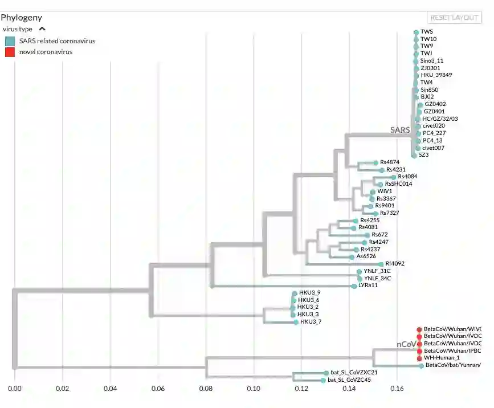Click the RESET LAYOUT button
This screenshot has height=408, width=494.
point(454,18)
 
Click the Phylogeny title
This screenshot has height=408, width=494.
point(21,18)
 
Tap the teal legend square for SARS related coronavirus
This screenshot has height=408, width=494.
point(10,41)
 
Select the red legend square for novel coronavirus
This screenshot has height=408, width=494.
point(10,52)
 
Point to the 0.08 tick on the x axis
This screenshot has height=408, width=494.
point(206,389)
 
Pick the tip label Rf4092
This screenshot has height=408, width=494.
point(394,264)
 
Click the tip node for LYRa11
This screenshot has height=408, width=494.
point(354,285)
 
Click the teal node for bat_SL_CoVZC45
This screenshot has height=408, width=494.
point(323,380)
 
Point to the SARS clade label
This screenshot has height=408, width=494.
point(399,130)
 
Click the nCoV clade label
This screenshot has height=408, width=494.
point(406,344)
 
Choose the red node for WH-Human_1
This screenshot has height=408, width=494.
point(420,358)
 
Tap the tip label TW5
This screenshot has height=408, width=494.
point(427,32)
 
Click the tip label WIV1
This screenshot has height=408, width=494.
point(385,191)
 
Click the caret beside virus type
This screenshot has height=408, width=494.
point(42,28)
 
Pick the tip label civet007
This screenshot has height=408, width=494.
point(434,148)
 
